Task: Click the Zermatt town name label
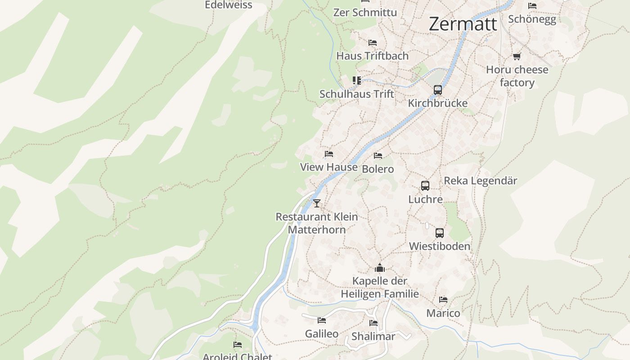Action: pyautogui.click(x=463, y=24)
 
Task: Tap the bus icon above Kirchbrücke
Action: pyautogui.click(x=438, y=90)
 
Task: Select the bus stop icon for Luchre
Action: pyautogui.click(x=425, y=185)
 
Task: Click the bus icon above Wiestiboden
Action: pyautogui.click(x=440, y=233)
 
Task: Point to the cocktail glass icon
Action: pyautogui.click(x=317, y=203)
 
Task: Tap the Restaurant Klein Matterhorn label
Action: pyautogui.click(x=317, y=223)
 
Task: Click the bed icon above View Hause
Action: pyautogui.click(x=329, y=154)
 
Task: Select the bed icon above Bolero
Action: pyautogui.click(x=378, y=156)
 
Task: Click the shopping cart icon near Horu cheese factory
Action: pyautogui.click(x=517, y=56)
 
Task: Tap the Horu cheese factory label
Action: pyautogui.click(x=517, y=76)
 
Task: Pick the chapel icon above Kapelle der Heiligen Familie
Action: pyautogui.click(x=380, y=269)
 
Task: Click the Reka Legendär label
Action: pyautogui.click(x=480, y=181)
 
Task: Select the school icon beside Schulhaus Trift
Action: pyautogui.click(x=357, y=81)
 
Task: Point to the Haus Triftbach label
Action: pyautogui.click(x=373, y=56)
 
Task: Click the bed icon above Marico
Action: pyautogui.click(x=443, y=300)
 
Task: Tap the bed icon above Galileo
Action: pyautogui.click(x=322, y=320)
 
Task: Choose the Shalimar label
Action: pyautogui.click(x=373, y=336)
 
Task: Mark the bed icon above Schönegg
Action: pyautogui.click(x=532, y=6)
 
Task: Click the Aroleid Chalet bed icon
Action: pyautogui.click(x=238, y=345)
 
